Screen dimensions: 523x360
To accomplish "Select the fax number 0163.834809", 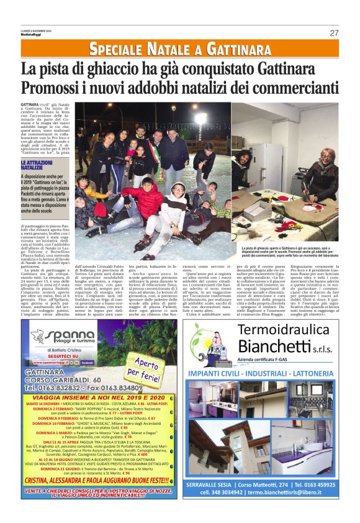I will coord(137,388).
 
